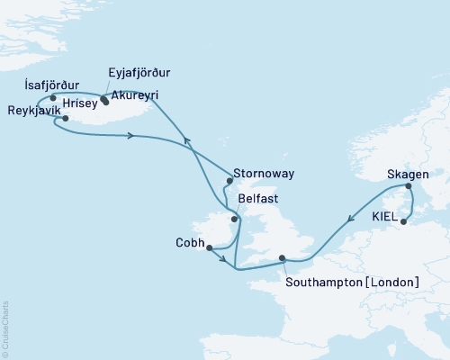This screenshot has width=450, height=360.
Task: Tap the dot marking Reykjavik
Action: (66, 118)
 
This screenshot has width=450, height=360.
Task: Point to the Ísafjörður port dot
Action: (53, 98)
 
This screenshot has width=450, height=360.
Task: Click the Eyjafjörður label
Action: (139, 72)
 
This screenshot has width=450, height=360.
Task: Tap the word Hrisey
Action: (80, 103)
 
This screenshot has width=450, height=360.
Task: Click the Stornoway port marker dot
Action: (229, 180)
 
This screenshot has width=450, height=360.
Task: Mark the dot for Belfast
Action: (234, 219)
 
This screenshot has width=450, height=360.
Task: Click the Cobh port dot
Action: (208, 248)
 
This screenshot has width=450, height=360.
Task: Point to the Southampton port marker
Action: (283, 258)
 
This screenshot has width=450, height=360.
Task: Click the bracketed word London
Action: (393, 283)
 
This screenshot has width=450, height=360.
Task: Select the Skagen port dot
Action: (409, 187)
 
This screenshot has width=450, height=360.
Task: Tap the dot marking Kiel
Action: (404, 221)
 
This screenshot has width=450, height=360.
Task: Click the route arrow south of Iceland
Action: (132, 136)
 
